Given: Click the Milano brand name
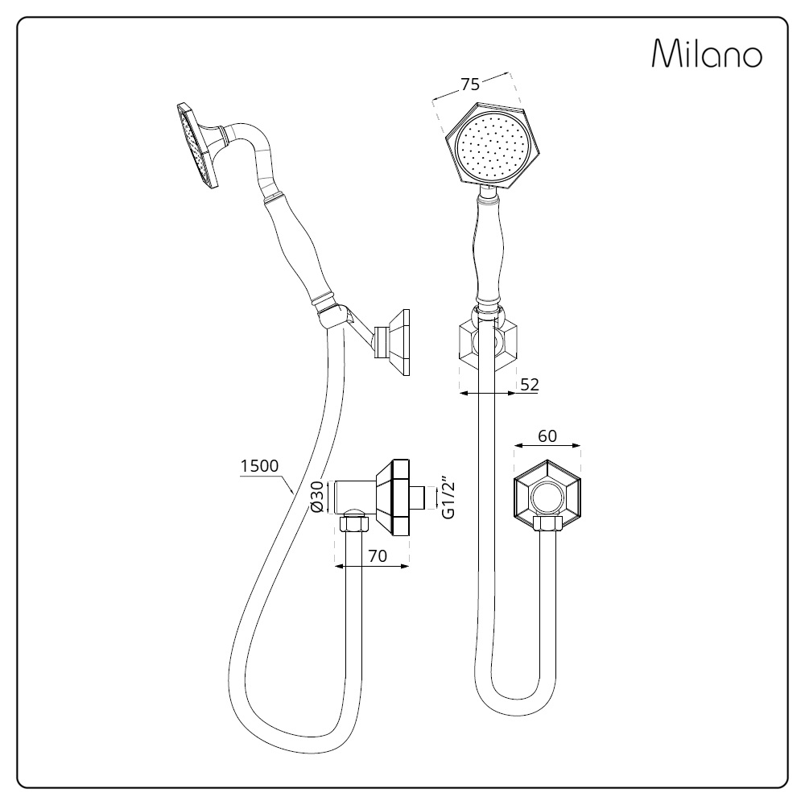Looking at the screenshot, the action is pyautogui.click(x=707, y=53).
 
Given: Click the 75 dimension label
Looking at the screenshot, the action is pyautogui.click(x=470, y=85).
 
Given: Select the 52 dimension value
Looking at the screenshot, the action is pyautogui.click(x=530, y=385).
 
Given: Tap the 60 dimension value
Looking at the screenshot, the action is pyautogui.click(x=547, y=436).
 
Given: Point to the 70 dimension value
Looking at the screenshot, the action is pyautogui.click(x=378, y=555).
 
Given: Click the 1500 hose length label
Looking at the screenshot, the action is pyautogui.click(x=259, y=465).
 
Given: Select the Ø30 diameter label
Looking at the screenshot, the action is pyautogui.click(x=317, y=497).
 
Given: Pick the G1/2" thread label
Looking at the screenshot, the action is pyautogui.click(x=448, y=500).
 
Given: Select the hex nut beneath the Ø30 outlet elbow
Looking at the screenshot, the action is pyautogui.click(x=353, y=524).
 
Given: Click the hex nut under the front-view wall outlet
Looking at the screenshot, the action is pyautogui.click(x=548, y=524).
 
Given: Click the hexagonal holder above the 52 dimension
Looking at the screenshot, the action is pyautogui.click(x=488, y=344).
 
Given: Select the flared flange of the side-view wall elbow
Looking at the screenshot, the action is pyautogui.click(x=393, y=497).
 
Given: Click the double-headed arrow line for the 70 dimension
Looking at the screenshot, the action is pyautogui.click(x=372, y=566).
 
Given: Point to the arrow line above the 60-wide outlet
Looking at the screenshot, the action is pyautogui.click(x=547, y=446).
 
